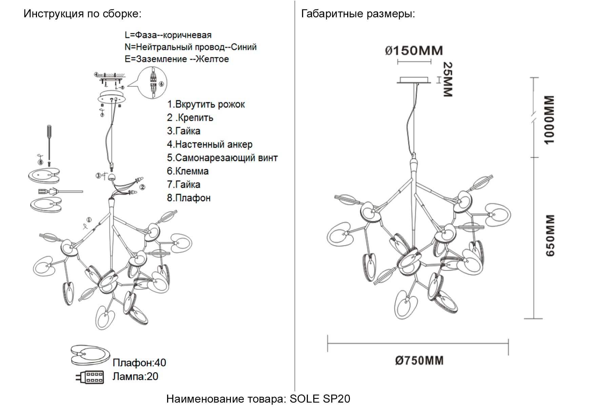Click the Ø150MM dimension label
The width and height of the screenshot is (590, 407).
[x=414, y=51]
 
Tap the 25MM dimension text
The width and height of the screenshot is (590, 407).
[x=448, y=79]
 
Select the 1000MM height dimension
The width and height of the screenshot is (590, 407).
[x=549, y=119]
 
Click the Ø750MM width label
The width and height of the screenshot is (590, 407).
[x=419, y=360]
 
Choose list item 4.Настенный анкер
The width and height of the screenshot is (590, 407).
[x=210, y=144]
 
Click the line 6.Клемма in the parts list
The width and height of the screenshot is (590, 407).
[x=188, y=171]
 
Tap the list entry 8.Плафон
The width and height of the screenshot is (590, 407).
[x=189, y=198]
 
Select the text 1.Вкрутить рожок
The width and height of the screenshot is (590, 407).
[x=206, y=104]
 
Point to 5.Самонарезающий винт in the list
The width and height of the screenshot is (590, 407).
[x=222, y=158]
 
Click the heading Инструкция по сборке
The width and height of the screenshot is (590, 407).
[x=82, y=14]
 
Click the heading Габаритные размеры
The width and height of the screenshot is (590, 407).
[x=358, y=14]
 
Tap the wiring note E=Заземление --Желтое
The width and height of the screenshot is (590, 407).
[x=177, y=59]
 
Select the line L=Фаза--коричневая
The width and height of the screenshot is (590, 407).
[x=168, y=35]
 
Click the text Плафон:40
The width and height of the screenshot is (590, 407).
[x=139, y=363]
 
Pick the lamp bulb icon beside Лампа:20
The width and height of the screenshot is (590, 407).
[x=90, y=377]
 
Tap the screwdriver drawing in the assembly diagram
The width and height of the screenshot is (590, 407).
[x=49, y=142]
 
